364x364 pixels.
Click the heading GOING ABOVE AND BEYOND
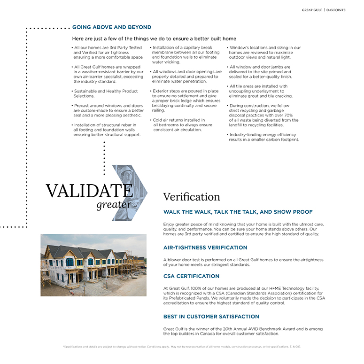click(x=112, y=27)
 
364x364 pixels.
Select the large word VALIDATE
click(x=89, y=191)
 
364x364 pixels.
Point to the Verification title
click(x=192, y=197)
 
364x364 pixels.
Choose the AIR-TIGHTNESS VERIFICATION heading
click(x=205, y=248)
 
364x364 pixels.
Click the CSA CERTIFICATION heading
click(x=191, y=276)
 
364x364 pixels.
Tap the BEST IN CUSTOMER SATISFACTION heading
click(x=211, y=317)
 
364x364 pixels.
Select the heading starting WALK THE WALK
click(x=238, y=212)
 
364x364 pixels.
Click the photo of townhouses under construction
click(x=93, y=265)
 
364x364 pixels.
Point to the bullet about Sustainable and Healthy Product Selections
click(x=106, y=93)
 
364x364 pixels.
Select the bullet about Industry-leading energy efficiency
click(x=264, y=137)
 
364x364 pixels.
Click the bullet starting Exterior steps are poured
click(x=186, y=101)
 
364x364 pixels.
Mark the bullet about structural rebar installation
click(x=108, y=130)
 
